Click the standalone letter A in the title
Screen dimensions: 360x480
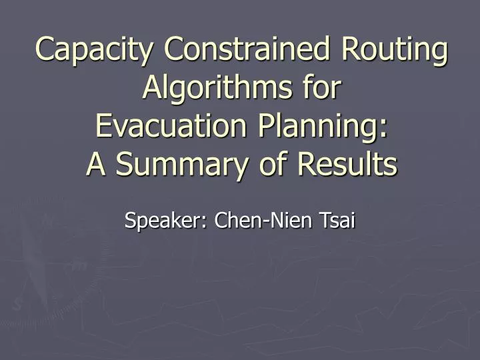click(96, 164)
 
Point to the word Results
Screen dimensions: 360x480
click(347, 164)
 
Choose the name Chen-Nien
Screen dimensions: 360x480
click(266, 218)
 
